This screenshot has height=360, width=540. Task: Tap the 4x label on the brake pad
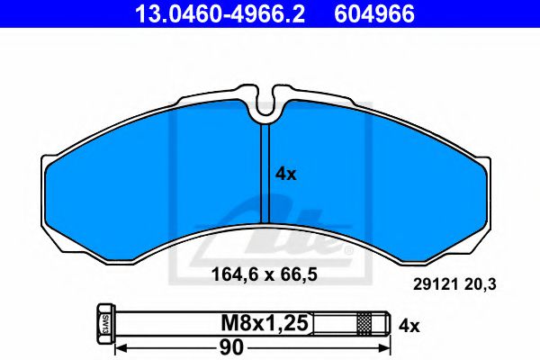(x=285, y=175)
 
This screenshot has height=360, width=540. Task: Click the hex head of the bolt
(x=103, y=321)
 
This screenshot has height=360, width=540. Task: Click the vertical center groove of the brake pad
(x=267, y=171)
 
